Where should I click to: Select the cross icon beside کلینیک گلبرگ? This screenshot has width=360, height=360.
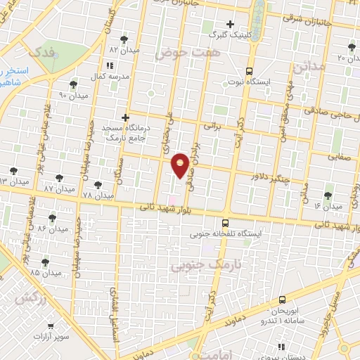(230, 24)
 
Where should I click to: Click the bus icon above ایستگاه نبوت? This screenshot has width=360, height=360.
(249, 70)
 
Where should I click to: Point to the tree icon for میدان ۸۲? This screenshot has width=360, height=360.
(124, 39)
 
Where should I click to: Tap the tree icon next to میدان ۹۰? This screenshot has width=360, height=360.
(74, 84)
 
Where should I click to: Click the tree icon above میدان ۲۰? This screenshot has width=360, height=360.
(351, 47)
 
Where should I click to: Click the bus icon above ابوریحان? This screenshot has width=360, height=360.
(282, 300)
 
